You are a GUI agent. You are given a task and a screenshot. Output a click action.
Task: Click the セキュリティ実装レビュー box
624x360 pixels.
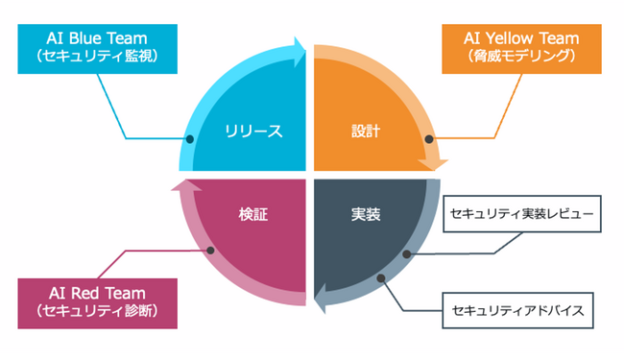click(522, 213)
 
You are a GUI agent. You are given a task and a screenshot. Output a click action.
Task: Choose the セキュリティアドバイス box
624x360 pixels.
click(522, 312)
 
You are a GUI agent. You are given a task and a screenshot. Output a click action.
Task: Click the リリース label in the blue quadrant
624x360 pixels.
click(253, 131)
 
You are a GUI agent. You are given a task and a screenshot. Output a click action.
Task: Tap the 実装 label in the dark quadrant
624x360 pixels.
click(361, 213)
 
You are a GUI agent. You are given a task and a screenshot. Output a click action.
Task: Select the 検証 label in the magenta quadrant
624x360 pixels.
click(252, 213)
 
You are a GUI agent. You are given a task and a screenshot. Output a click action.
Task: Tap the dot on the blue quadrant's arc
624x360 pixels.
click(190, 139)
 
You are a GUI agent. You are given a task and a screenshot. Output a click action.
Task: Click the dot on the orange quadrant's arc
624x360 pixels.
click(424, 139)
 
